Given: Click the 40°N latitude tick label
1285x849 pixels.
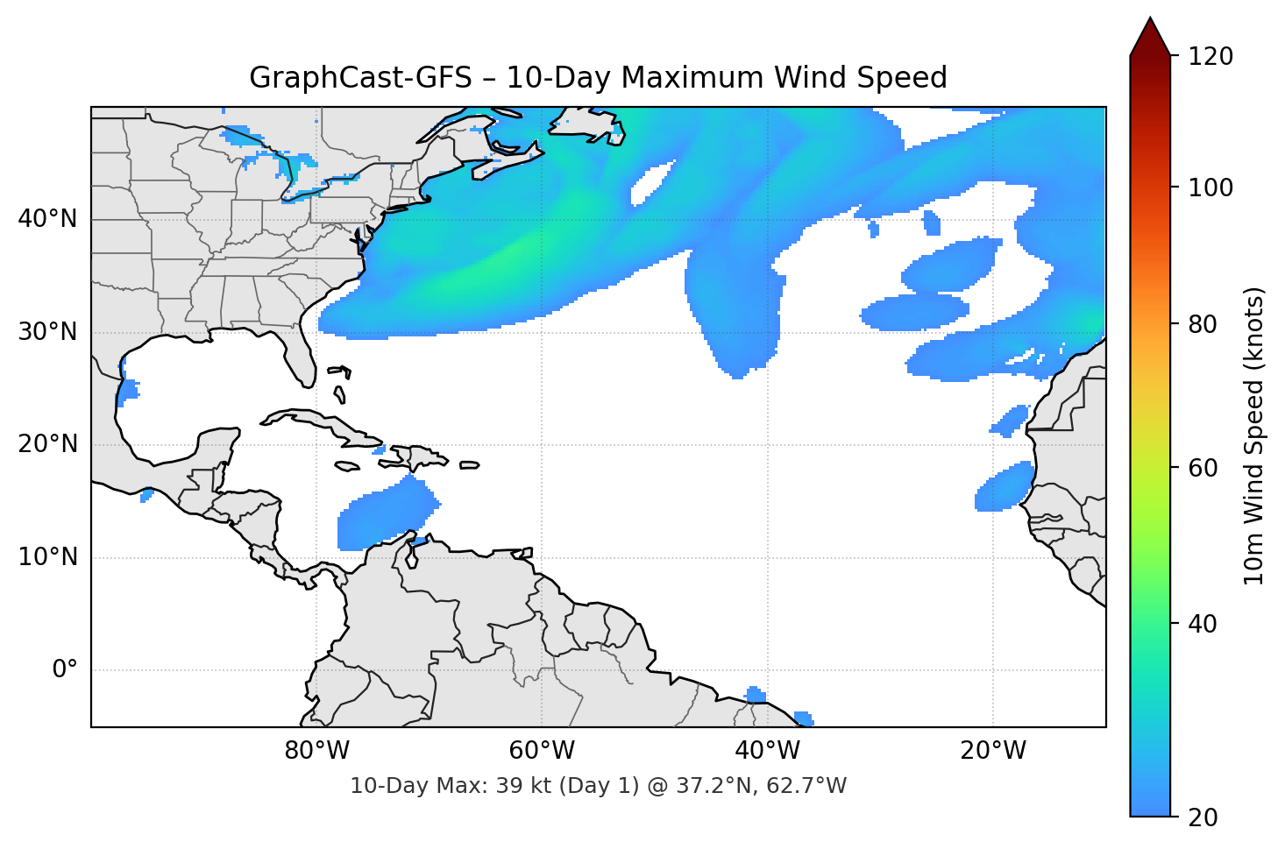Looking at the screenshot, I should click(x=47, y=219).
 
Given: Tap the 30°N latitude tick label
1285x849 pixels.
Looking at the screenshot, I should click(x=47, y=332).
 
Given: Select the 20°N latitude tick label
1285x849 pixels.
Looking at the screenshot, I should click(x=47, y=444).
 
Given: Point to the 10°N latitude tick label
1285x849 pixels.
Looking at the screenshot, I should click(x=47, y=557).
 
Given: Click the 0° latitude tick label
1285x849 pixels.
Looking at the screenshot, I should click(x=65, y=670).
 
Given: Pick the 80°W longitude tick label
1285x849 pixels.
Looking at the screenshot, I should click(x=316, y=751).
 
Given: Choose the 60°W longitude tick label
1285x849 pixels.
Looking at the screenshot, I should click(x=542, y=751).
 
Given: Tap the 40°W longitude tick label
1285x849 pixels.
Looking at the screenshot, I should click(x=768, y=751).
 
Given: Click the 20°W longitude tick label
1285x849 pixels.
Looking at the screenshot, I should click(x=993, y=751).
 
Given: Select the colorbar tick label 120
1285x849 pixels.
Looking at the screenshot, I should click(x=1210, y=56).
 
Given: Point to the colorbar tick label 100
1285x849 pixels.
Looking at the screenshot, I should click(x=1210, y=187).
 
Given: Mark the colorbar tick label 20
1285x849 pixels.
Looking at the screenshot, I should click(x=1202, y=817).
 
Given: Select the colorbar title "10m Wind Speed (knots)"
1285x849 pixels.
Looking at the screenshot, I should click(x=1254, y=436).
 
